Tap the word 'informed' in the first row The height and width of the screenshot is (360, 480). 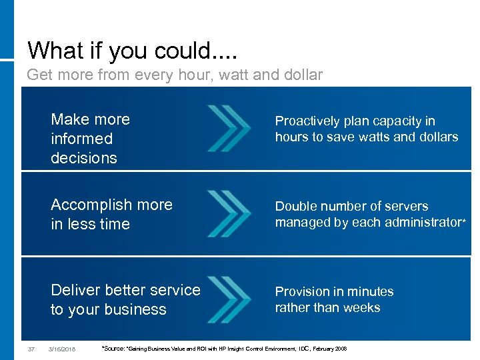81,139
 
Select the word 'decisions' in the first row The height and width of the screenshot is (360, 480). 83,158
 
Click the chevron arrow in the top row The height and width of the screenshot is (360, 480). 229,128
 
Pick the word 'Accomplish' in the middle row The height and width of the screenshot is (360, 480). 90,205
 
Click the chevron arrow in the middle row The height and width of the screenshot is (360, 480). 229,213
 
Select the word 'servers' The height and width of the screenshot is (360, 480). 405,206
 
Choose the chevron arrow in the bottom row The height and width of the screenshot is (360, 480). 229,299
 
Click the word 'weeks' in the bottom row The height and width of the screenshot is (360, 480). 361,307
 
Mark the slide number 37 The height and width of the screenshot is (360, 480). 31,349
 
